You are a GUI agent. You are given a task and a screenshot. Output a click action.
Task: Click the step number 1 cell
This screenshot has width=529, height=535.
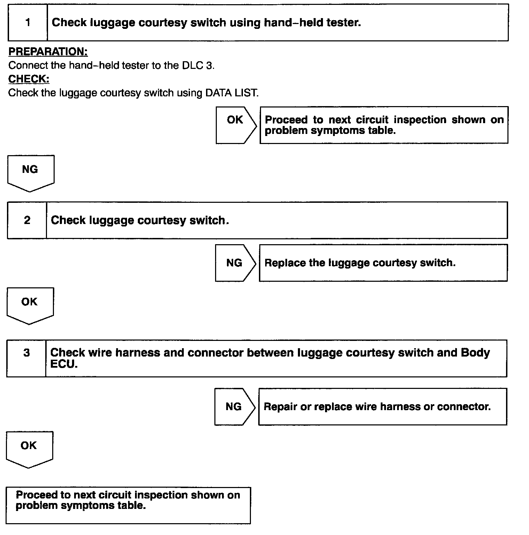coord(28,23)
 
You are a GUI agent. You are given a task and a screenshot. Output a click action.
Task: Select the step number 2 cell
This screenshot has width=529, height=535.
coord(27,220)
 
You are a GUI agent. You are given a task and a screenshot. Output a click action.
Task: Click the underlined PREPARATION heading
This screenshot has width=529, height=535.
coord(48,52)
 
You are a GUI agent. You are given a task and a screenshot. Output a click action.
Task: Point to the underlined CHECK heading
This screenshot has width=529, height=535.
coord(29,79)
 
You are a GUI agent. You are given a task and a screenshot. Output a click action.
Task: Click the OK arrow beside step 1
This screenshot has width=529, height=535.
coord(236,125)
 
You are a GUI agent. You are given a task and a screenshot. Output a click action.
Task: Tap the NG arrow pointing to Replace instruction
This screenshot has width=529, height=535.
coord(235,263)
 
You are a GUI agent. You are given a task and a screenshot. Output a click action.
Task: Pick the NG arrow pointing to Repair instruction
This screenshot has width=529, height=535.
coord(234,407)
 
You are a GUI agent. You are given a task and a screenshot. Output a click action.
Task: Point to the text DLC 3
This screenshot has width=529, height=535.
coord(197,66)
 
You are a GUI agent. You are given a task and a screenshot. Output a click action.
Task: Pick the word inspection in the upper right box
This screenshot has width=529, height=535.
coord(420,120)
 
